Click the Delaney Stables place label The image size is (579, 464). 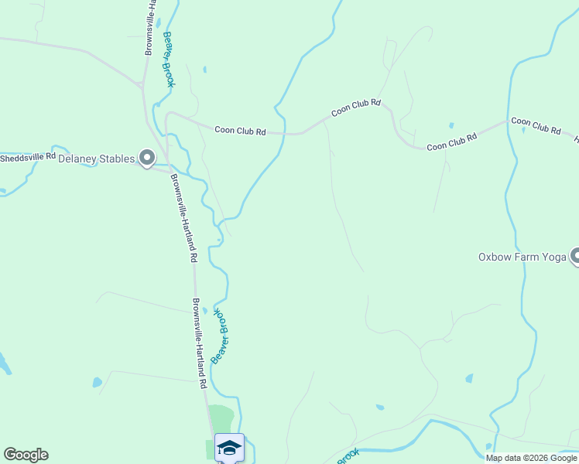point(97,159)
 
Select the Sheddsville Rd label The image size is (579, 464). point(28,157)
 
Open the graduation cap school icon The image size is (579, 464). point(229,447)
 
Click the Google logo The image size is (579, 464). point(26,455)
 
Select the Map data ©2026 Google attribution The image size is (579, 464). point(531,458)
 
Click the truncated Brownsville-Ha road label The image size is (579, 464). point(150,27)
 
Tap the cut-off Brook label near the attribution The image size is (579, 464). point(348,455)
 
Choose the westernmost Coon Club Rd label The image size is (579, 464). point(240,131)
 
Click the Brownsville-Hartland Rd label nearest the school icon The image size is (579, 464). point(200,343)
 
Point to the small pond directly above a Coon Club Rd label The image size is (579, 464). point(451,125)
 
